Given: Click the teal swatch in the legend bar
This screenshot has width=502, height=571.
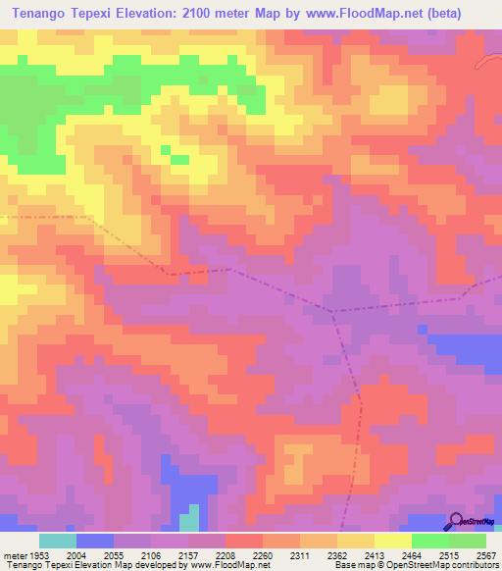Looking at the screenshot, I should click(x=58, y=541).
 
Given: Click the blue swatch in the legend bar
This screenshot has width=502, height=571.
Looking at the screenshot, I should click(x=95, y=541).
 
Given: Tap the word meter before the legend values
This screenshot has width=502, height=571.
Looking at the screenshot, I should click(x=14, y=554).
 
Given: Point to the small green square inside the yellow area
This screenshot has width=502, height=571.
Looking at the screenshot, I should click(x=179, y=157).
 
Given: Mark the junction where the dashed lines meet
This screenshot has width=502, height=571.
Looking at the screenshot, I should click(x=332, y=312).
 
